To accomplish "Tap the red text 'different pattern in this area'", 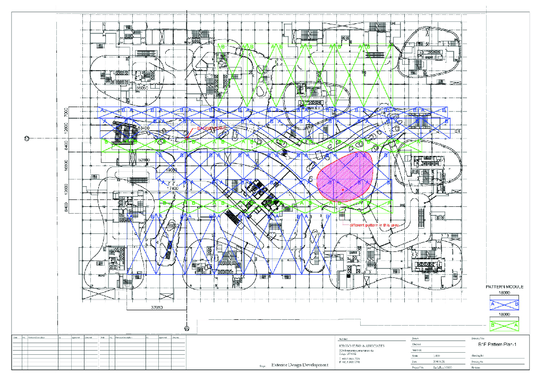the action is pos(375,224).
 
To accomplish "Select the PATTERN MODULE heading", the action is pos(505,287).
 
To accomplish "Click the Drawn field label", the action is pos(416,338).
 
